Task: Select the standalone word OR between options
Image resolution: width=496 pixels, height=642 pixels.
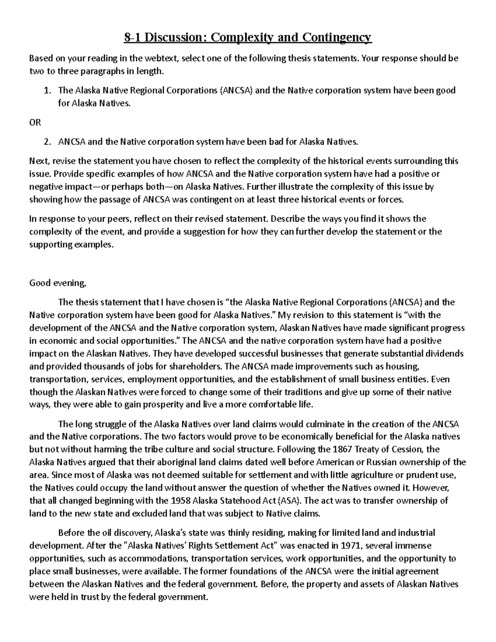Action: (x=35, y=123)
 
